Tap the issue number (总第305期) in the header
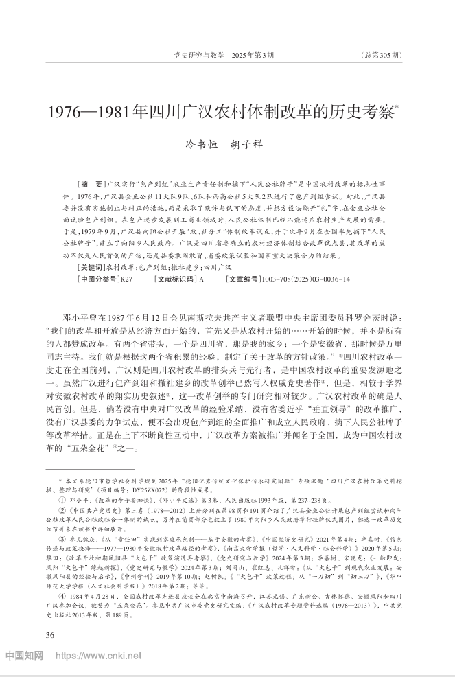click(x=380, y=55)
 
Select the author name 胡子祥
click(x=246, y=145)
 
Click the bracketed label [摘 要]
click(x=92, y=186)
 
